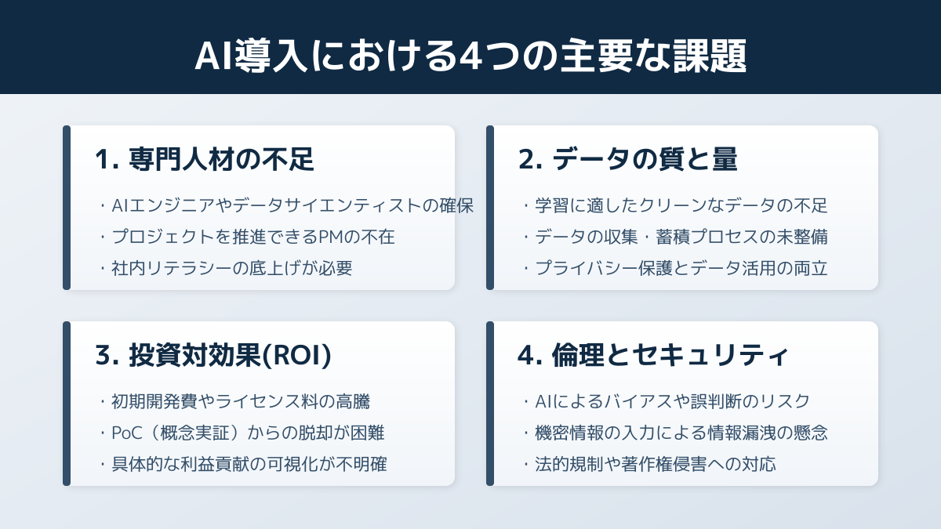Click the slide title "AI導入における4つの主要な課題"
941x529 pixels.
click(x=470, y=56)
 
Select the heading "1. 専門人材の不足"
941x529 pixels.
click(x=205, y=160)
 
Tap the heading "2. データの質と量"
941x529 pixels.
click(x=627, y=160)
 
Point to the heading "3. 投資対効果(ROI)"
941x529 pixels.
click(x=213, y=356)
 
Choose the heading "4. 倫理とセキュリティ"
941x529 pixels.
click(x=652, y=356)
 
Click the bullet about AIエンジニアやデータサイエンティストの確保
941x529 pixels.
click(x=287, y=205)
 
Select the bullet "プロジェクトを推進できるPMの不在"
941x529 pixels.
click(x=248, y=237)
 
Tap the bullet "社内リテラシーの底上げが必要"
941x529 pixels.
click(x=226, y=268)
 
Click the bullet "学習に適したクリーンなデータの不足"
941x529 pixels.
click(x=675, y=205)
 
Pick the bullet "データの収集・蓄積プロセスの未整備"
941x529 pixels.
click(x=675, y=237)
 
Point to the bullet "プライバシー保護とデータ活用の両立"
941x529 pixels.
click(x=675, y=268)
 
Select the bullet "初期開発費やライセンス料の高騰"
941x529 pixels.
click(x=234, y=401)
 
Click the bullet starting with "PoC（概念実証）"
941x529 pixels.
click(x=242, y=433)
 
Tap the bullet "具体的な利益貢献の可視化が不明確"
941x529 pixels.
click(x=243, y=464)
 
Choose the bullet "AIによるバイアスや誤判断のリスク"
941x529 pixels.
click(x=667, y=401)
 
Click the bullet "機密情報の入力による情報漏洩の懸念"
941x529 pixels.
click(x=675, y=433)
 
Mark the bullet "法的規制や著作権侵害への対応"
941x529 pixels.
click(x=649, y=464)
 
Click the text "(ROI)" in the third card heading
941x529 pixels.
click(x=297, y=356)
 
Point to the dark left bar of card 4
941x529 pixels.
click(x=490, y=404)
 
